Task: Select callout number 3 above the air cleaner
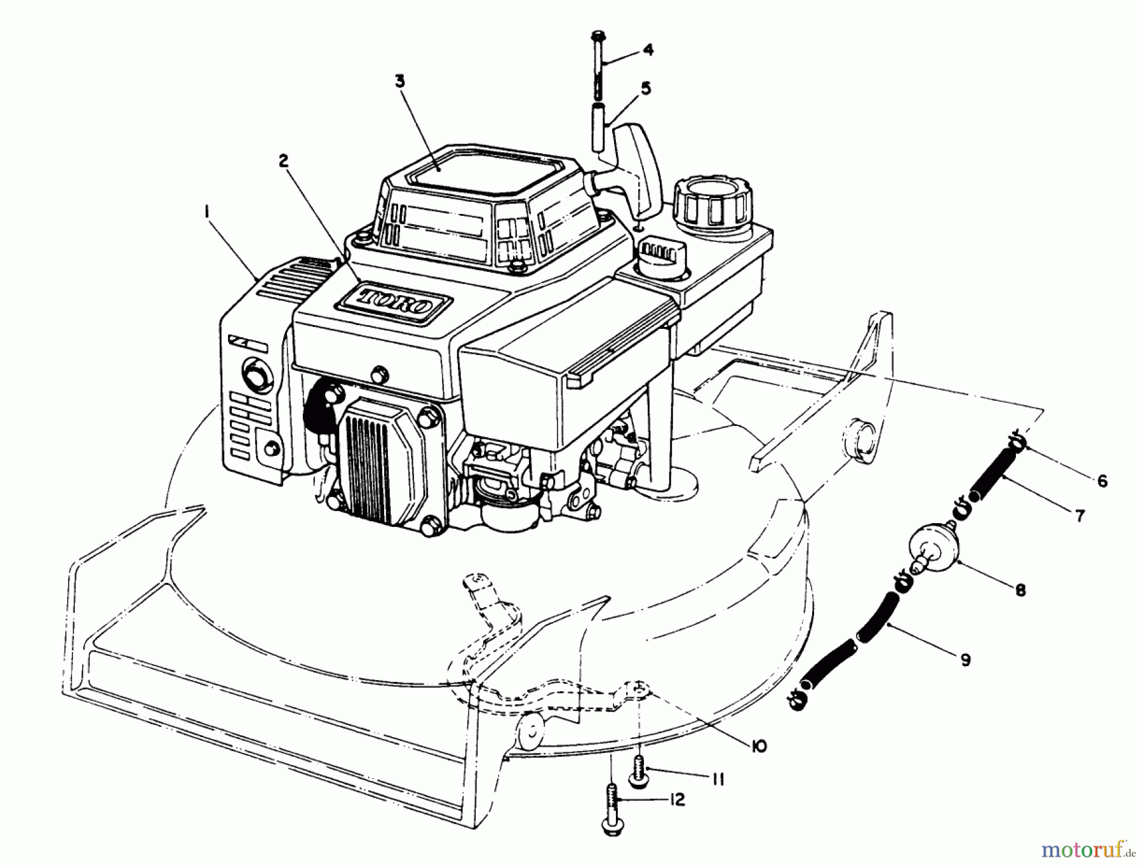pyautogui.click(x=399, y=82)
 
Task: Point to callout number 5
pyautogui.click(x=646, y=88)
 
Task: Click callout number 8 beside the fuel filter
pyautogui.click(x=1020, y=590)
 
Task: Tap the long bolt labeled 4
pyautogui.click(x=599, y=63)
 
